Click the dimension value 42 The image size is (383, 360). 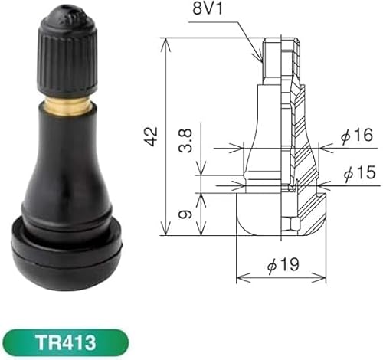[154, 136]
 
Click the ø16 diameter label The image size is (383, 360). [356, 136]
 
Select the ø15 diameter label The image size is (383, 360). [356, 174]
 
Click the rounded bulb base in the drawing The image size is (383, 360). [260, 214]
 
